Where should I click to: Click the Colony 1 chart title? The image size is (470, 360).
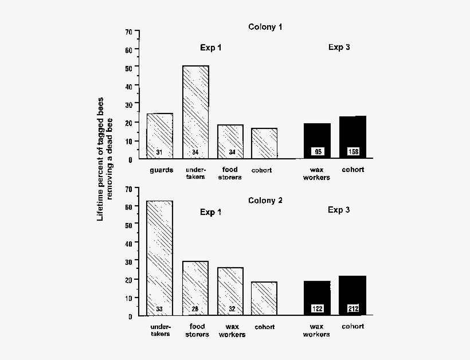pyautogui.click(x=265, y=26)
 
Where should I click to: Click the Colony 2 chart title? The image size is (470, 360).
pyautogui.click(x=265, y=200)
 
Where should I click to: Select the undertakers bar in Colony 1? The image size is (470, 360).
pyautogui.click(x=195, y=112)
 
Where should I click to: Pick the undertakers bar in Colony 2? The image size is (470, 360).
pyautogui.click(x=160, y=258)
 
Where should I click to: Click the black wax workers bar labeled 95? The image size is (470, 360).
pyautogui.click(x=317, y=140)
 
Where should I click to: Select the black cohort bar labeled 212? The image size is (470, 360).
pyautogui.click(x=352, y=295)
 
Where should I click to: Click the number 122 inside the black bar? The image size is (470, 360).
pyautogui.click(x=317, y=309)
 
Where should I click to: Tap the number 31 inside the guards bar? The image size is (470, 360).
pyautogui.click(x=160, y=152)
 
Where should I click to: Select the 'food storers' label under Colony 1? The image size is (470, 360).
pyautogui.click(x=230, y=173)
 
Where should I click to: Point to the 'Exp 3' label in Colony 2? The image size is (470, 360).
pyautogui.click(x=339, y=210)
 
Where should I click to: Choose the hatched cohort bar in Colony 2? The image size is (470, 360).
pyautogui.click(x=264, y=298)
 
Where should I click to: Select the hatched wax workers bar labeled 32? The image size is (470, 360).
pyautogui.click(x=230, y=291)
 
